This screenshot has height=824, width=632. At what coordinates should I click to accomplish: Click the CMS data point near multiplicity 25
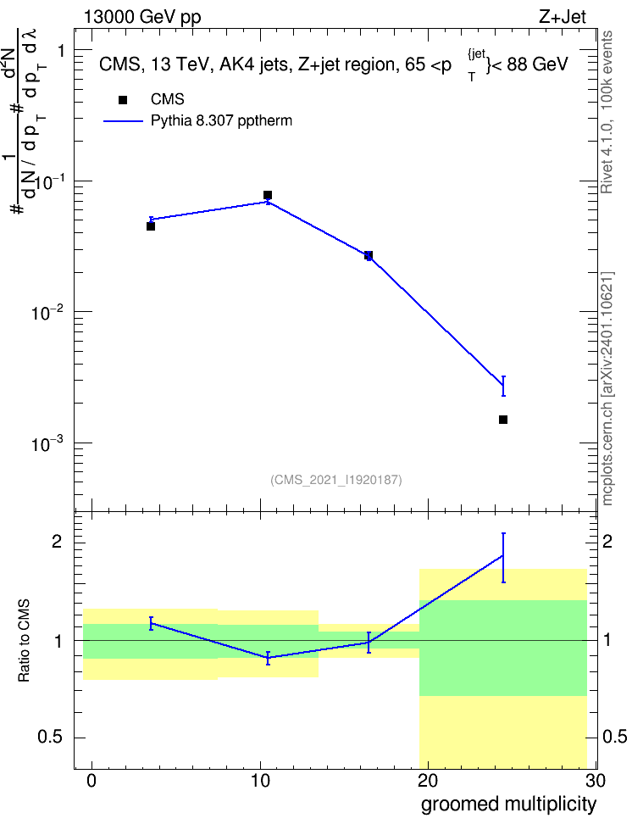[502, 420]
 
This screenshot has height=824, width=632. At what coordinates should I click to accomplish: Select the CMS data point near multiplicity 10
[268, 195]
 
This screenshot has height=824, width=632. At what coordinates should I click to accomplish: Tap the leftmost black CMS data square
[150, 226]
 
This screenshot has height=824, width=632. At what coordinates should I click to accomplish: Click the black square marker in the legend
[122, 100]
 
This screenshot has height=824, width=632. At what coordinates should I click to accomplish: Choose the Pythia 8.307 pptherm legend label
[221, 121]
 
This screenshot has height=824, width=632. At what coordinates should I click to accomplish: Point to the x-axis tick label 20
[428, 781]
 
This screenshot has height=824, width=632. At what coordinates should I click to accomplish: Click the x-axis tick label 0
[92, 781]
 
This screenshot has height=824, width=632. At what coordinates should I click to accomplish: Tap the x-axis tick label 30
[596, 781]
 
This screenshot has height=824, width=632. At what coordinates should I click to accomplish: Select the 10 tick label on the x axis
[260, 781]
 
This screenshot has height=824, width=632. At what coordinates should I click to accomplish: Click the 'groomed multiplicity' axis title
[508, 805]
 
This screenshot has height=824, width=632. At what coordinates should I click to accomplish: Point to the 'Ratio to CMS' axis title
[24, 641]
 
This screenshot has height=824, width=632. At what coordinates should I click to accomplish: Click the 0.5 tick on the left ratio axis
[51, 738]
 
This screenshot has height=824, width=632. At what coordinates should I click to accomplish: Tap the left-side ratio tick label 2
[57, 542]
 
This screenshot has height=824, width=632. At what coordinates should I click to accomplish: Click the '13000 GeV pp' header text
[142, 17]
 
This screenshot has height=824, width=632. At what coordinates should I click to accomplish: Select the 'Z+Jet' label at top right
[563, 17]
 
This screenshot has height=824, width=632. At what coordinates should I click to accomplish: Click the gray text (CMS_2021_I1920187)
[336, 480]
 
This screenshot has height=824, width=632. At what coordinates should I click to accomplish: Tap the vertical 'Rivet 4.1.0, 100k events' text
[607, 112]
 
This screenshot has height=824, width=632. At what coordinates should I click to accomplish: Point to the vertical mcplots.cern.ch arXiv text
[607, 388]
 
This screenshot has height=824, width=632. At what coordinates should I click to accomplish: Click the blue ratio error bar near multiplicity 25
[503, 558]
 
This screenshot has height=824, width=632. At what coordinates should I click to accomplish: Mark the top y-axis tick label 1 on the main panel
[62, 51]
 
